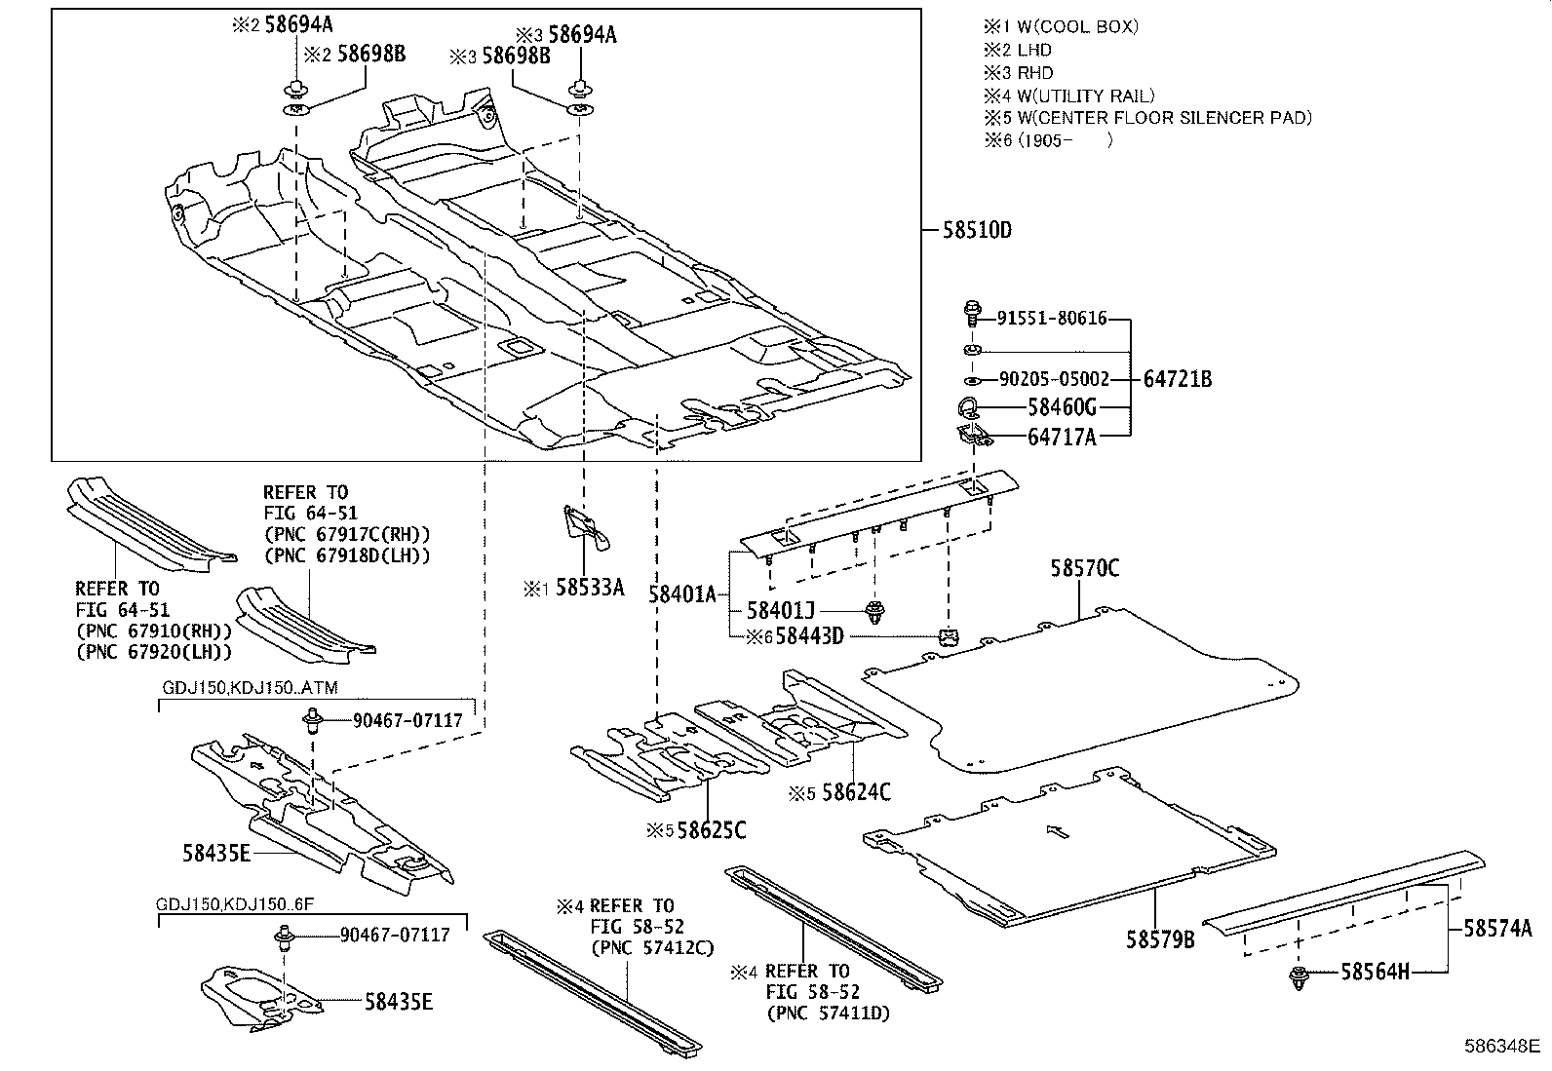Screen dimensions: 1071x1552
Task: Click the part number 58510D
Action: [978, 231]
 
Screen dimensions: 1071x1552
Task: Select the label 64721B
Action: [1177, 379]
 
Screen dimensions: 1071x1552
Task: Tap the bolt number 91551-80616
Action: [1052, 318]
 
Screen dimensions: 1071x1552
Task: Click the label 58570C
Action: [1084, 567]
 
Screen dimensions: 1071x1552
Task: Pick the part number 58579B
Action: [1160, 939]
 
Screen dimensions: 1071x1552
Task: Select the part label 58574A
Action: [1497, 929]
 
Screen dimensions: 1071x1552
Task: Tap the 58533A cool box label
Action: [590, 588]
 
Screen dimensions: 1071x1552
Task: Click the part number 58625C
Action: [712, 830]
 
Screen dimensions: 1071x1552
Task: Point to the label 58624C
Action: [856, 792]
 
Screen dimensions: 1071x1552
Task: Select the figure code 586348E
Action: [1502, 1047]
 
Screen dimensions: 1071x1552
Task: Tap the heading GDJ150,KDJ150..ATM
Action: [250, 688]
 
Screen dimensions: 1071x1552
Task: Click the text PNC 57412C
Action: [652, 947]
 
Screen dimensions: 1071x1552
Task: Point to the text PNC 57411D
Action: [828, 1014]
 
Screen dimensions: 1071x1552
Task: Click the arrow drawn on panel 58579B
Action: [1057, 831]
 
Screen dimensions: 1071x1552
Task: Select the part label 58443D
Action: [808, 636]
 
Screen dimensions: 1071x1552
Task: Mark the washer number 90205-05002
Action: [1054, 379]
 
